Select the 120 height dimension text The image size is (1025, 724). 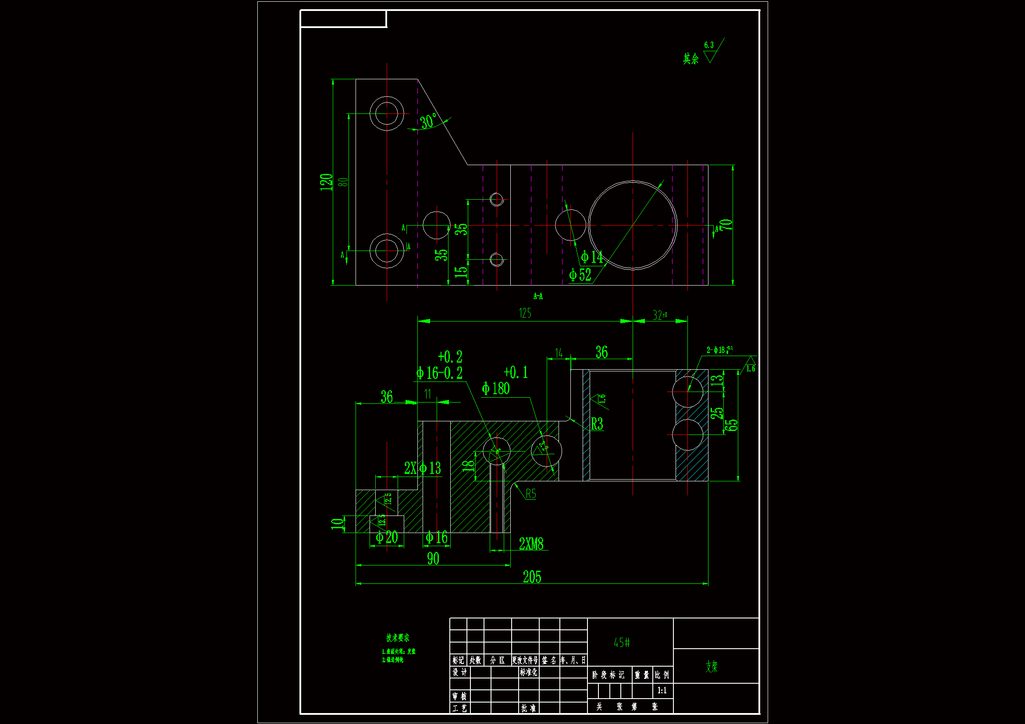pos(326,182)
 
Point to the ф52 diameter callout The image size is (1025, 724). pos(580,275)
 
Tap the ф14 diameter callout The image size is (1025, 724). pos(591,257)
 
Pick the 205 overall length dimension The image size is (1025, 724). pos(532,577)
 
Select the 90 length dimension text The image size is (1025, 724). pos(433,558)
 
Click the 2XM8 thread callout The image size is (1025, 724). pos(531,544)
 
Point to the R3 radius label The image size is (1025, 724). pos(597,424)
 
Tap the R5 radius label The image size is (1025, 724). pos(530,494)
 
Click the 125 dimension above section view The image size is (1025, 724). pos(525,313)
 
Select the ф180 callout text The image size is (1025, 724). pos(495,388)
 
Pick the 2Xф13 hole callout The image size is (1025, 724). pos(422,468)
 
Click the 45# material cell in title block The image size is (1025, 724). pos(621,643)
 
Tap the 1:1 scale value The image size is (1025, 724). pos(662,691)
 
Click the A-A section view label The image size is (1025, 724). pos(538,296)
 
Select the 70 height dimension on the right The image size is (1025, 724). pos(726,225)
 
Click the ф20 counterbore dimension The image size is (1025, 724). pos(387,537)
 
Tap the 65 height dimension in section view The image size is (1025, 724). pos(731,425)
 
